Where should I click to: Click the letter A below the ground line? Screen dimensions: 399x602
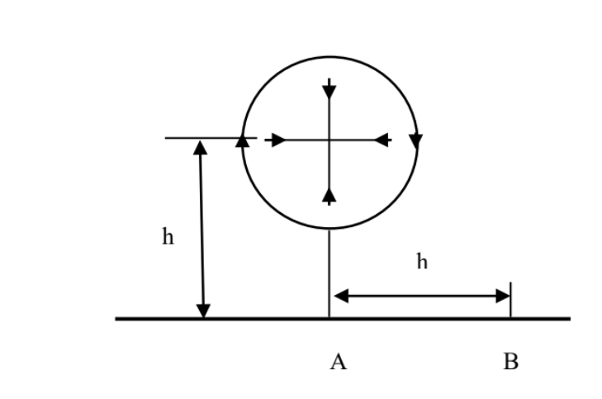pos(337,361)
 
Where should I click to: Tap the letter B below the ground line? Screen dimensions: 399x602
pos(510,361)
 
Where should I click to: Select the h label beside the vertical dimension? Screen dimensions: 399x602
pos(168,238)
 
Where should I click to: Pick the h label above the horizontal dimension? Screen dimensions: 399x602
pos(422,262)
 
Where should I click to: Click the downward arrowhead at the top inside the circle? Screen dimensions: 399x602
pos(329,88)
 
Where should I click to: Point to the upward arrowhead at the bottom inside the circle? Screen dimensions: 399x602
pos(329,194)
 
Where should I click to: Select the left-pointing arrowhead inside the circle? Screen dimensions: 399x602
pos(382,140)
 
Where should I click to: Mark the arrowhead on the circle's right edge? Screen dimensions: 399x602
pos(415,141)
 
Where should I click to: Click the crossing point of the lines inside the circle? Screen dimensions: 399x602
pos(329,140)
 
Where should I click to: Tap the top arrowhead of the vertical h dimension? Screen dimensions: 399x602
pos(199,148)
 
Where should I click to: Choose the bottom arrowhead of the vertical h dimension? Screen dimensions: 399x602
pos(203,310)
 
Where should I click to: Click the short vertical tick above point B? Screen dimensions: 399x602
pos(510,299)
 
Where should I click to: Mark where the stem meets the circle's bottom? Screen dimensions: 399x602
pos(329,229)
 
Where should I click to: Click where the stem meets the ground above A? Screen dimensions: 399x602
pos(329,318)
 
